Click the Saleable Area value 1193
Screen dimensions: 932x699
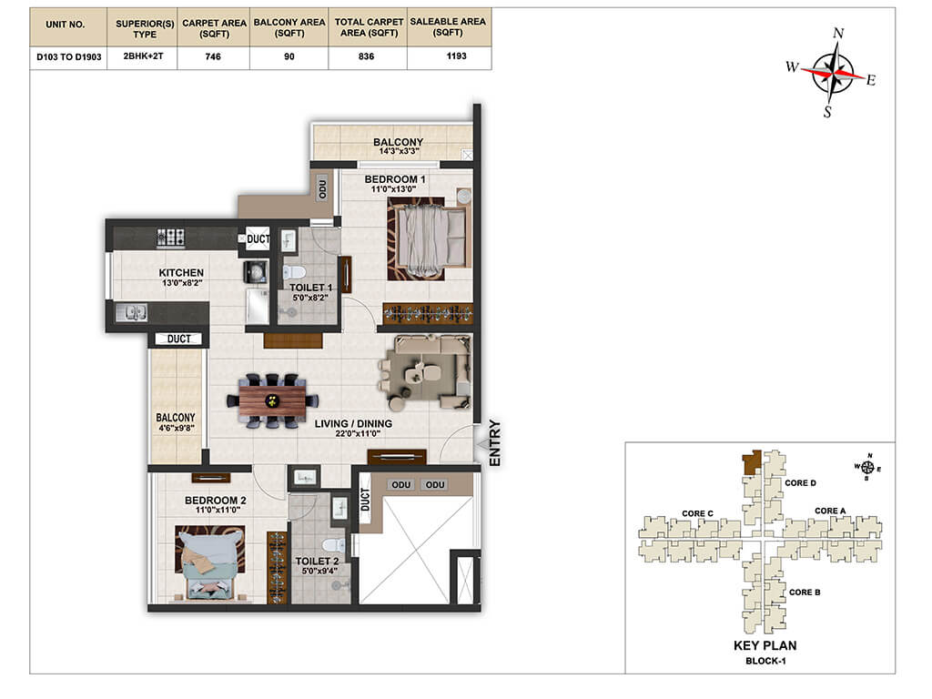456,56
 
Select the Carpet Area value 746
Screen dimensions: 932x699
213,56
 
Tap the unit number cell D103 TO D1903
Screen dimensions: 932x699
69,57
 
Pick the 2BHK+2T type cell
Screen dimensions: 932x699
143,56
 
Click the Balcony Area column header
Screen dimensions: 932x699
289,27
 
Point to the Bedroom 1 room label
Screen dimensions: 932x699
395,179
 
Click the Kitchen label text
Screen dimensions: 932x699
181,272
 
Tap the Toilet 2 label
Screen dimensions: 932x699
317,561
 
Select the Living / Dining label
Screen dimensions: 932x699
353,423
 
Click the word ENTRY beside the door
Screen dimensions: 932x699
494,443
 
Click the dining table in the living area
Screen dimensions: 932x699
272,400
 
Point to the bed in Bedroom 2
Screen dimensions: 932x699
209,562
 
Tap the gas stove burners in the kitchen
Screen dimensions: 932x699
170,238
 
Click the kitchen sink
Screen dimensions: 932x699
131,312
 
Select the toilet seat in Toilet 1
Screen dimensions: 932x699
294,272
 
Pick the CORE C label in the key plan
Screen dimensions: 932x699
697,513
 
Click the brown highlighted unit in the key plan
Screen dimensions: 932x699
752,461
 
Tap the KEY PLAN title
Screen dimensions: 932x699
765,645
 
